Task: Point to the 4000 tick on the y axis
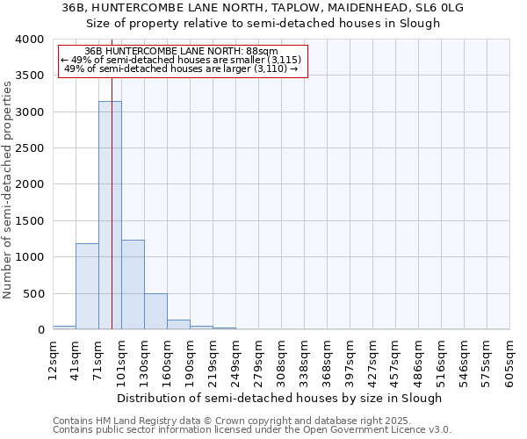(29, 40)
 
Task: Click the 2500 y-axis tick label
(29, 148)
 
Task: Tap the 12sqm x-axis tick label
(53, 360)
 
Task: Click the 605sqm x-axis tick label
(510, 360)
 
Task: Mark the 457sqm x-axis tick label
(396, 360)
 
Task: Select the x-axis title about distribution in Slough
(281, 398)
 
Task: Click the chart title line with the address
(263, 8)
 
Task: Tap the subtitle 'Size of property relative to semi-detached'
(263, 23)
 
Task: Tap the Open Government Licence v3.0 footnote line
(252, 430)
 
